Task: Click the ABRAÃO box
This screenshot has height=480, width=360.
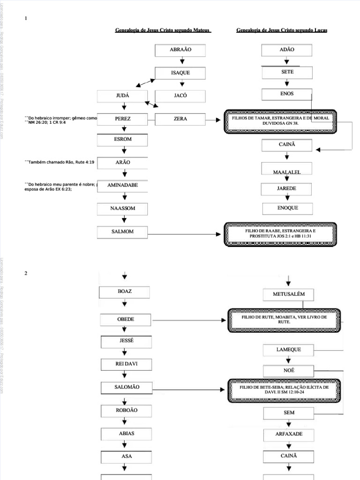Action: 180,50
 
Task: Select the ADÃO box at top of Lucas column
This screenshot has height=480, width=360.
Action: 286,50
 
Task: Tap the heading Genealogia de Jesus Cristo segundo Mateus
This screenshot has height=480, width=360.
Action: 163,30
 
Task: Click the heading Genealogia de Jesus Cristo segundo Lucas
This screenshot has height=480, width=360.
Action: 282,30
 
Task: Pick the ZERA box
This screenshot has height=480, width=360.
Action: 180,120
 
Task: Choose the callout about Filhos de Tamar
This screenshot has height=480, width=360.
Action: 280,122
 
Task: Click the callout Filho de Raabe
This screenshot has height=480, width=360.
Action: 280,234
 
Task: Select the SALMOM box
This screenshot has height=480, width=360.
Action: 122,232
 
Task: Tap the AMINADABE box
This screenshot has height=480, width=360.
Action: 122,186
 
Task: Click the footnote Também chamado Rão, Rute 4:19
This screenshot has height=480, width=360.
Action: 60,162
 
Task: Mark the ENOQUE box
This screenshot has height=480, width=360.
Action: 287,208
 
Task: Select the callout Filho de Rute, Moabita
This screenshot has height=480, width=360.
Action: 284,320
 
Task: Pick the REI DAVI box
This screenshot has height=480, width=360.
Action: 125,364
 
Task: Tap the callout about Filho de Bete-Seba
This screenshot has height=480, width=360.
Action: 284,390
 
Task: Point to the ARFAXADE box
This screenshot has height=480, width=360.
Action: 289,435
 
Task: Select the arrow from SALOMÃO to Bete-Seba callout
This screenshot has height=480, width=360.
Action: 187,389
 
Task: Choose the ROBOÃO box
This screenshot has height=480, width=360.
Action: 125,411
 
